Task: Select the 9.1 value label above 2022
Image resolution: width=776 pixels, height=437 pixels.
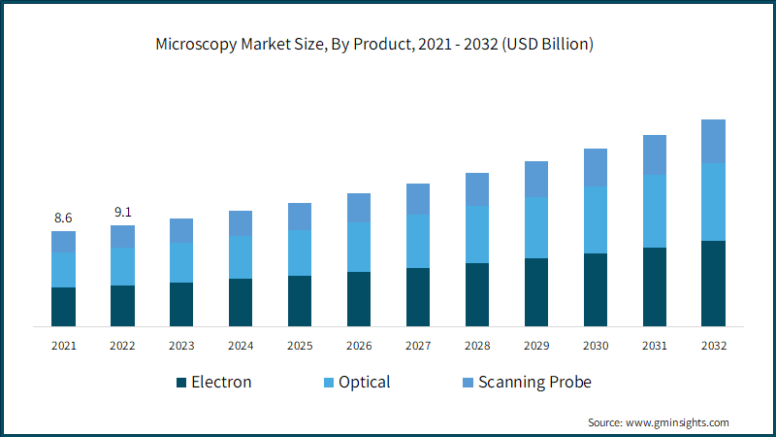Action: (123, 213)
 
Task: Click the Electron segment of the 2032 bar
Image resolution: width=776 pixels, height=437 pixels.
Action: (714, 283)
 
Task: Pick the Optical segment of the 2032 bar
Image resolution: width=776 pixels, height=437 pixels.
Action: (714, 202)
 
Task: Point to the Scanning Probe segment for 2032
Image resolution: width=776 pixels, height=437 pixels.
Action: (714, 141)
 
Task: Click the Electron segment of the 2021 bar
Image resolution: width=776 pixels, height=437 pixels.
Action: (64, 306)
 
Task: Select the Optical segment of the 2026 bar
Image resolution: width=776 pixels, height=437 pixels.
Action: (359, 247)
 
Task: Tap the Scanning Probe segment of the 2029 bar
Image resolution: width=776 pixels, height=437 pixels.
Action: (536, 179)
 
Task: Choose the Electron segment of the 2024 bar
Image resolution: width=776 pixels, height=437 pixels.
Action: (241, 302)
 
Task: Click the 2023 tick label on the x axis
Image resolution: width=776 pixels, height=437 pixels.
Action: (181, 345)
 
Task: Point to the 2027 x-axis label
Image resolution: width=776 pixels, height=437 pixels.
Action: (418, 345)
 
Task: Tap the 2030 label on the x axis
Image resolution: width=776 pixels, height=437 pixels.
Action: (596, 345)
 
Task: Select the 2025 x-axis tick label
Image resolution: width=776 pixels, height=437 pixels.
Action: (300, 345)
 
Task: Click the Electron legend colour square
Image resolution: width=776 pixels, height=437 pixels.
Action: (181, 383)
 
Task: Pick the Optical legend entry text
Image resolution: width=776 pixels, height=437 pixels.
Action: (365, 382)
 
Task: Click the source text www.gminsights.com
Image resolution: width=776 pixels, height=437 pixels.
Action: (679, 422)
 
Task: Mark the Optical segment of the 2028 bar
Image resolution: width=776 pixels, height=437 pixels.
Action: (477, 234)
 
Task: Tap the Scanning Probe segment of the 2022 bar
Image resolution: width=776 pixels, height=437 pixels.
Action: (123, 236)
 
